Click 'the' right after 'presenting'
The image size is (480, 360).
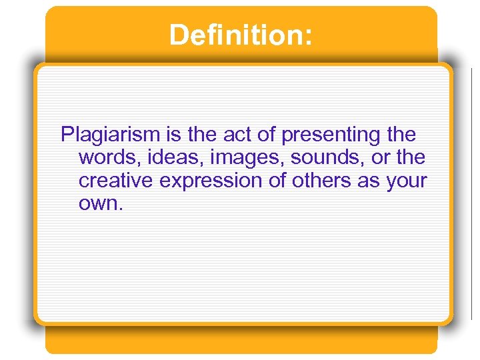[401, 135]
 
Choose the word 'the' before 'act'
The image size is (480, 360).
[202, 135]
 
